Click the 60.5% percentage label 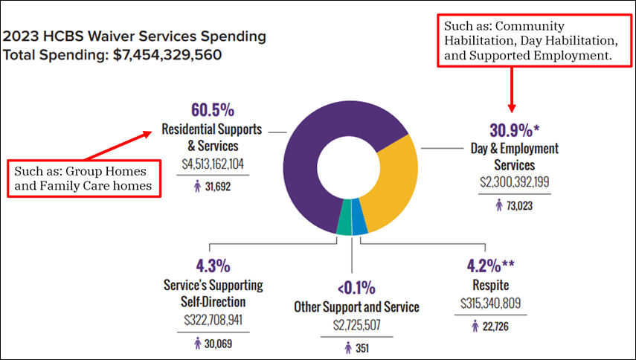[x=211, y=110]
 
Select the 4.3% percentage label [x=213, y=266]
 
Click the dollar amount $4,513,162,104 [x=212, y=164]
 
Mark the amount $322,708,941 [x=213, y=321]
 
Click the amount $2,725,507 [x=356, y=325]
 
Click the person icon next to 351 [x=347, y=347]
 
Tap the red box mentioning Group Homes [x=84, y=178]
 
